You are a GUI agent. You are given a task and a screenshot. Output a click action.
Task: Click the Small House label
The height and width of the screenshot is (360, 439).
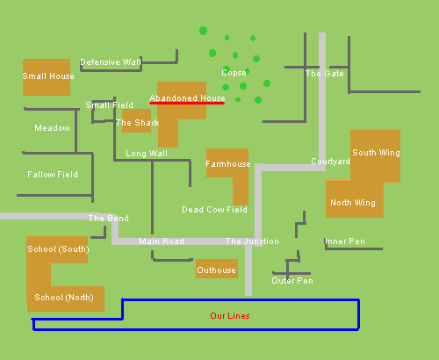[48, 76]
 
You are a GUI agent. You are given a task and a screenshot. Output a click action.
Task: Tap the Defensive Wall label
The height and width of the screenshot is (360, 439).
[111, 62]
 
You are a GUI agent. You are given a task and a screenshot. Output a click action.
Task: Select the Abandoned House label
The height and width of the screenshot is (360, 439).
[187, 97]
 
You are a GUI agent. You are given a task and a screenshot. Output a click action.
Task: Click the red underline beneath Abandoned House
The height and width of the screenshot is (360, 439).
[187, 103]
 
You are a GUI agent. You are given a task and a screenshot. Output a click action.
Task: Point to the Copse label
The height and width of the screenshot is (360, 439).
[234, 73]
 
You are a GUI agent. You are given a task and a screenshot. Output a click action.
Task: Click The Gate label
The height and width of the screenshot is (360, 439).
[325, 74]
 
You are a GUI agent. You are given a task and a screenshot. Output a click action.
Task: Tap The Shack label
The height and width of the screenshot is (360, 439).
[138, 123]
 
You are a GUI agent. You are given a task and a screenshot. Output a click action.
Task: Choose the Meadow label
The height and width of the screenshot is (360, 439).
[52, 128]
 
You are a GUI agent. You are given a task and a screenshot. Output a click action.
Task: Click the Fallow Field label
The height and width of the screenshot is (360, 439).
[53, 175]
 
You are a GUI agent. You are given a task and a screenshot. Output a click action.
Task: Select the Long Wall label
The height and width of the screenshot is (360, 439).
[147, 154]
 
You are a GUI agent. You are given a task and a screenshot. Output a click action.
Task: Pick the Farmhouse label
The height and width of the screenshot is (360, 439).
[228, 164]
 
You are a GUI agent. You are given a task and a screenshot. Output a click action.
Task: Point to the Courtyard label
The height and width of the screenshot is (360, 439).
[330, 162]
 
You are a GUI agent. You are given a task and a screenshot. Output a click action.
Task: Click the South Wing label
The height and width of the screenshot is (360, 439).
[376, 153]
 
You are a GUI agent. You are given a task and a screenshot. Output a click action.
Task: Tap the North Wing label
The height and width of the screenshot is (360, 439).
[353, 203]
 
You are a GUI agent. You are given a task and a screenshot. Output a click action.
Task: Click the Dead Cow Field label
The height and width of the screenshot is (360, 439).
[214, 210]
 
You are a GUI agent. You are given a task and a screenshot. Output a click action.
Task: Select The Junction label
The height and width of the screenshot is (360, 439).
[252, 241]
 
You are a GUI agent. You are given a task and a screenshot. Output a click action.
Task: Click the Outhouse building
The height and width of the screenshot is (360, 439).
[217, 269]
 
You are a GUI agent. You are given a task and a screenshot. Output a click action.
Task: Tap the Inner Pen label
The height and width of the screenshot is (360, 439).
[345, 241]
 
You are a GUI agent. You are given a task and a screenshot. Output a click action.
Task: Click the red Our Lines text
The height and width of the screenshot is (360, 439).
[230, 316]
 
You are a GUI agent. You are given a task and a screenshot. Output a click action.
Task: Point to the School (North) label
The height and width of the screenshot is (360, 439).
[64, 298]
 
